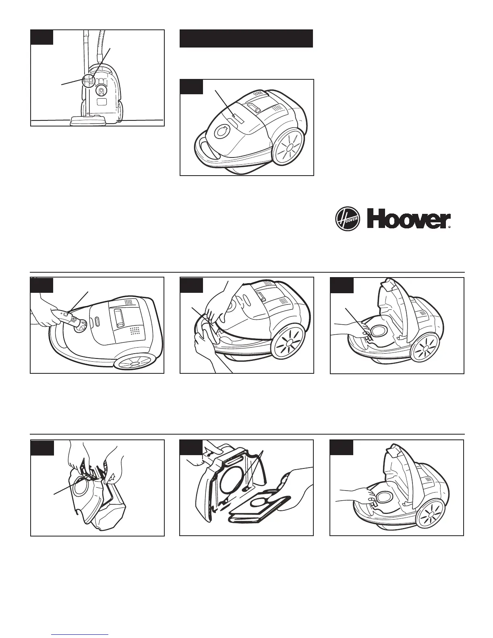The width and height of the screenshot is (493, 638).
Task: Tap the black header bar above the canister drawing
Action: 246,38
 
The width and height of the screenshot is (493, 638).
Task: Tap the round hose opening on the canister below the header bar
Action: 221,132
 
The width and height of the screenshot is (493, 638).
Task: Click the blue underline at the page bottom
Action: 80,634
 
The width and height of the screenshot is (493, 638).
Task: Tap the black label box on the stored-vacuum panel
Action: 41,37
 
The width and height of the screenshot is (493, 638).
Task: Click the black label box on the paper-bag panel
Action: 191,447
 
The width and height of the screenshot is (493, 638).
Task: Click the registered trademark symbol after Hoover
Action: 449,227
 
